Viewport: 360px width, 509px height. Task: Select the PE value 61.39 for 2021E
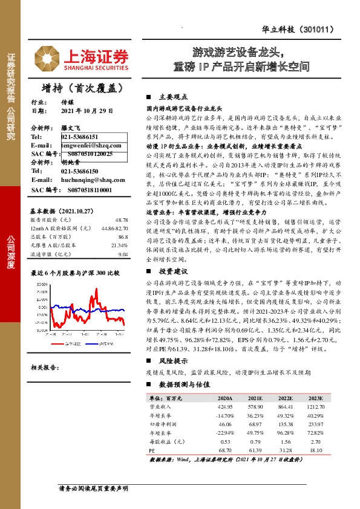pos(249,452)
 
